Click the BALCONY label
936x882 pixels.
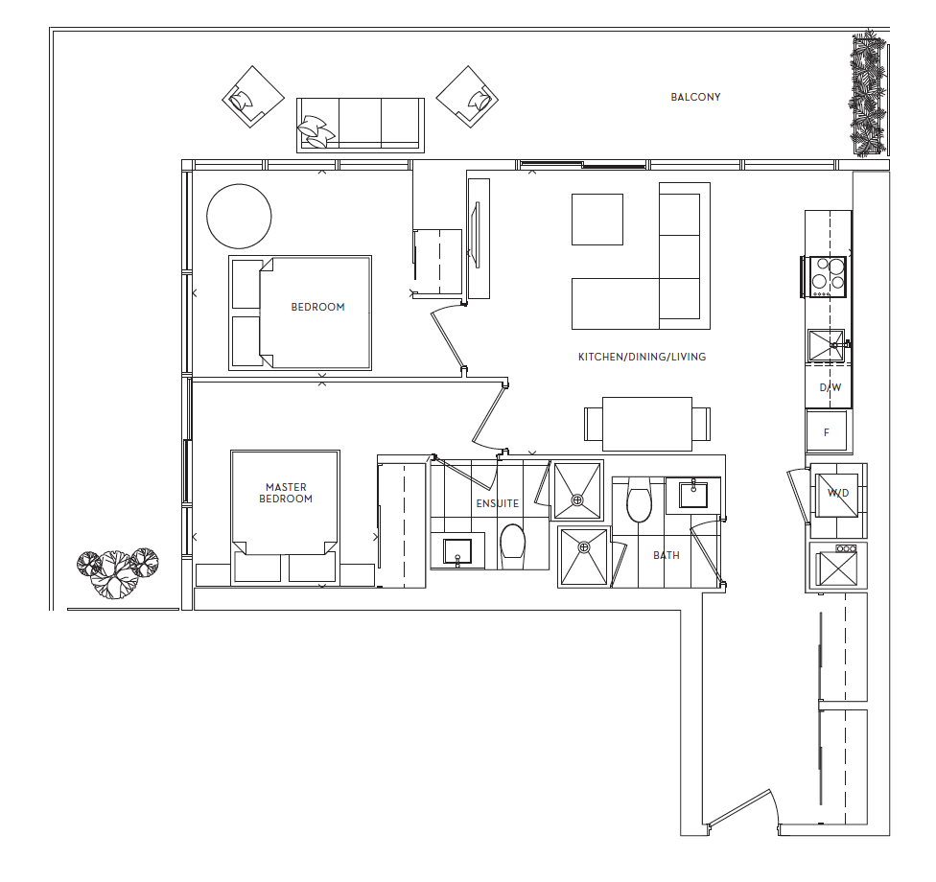(x=695, y=97)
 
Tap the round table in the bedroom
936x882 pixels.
(x=239, y=216)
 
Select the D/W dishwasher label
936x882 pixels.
(x=831, y=387)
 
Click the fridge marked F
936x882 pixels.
(x=826, y=430)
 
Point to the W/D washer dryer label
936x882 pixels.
(x=838, y=493)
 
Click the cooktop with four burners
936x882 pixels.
(x=824, y=276)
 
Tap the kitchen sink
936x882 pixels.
(x=827, y=345)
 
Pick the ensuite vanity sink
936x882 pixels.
(x=457, y=551)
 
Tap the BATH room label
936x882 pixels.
(x=667, y=555)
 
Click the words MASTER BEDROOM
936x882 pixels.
(x=286, y=493)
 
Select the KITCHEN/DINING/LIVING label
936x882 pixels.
(x=642, y=357)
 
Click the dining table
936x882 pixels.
(x=647, y=425)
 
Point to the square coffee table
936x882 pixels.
(x=597, y=219)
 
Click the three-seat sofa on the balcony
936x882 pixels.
(x=361, y=125)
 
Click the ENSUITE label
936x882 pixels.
(x=497, y=503)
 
